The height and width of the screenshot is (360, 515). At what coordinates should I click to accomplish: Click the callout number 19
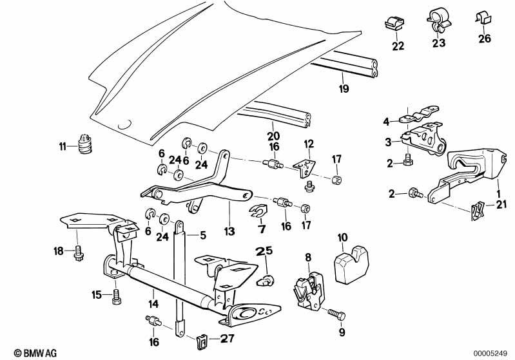coord(344,89)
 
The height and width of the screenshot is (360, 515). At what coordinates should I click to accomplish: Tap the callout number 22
coord(398,46)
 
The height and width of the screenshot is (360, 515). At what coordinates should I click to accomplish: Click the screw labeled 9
coord(336,315)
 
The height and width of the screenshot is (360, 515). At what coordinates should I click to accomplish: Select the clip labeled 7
coord(260,210)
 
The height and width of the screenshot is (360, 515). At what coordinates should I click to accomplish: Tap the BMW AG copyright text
coord(24,352)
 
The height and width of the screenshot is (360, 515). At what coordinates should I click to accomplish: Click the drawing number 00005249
coord(492,352)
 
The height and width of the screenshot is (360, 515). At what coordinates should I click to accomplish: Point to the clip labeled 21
coord(477,209)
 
